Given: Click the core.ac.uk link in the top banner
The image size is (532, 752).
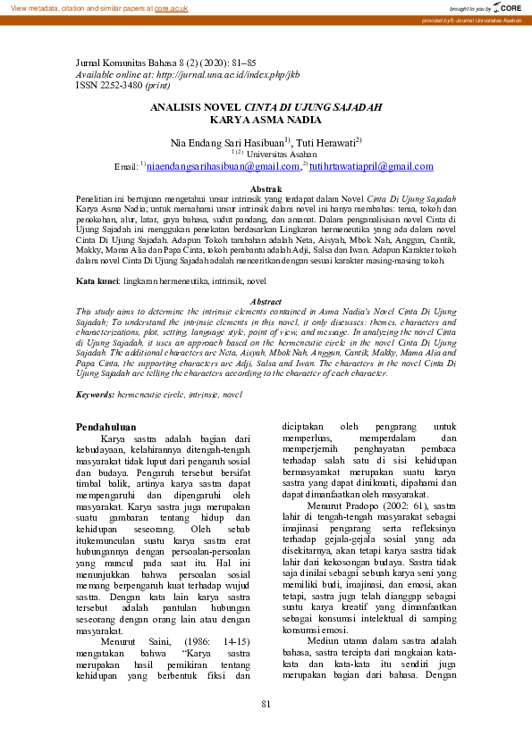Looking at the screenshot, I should coord(171,7).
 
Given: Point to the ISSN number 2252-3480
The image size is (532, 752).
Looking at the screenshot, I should coord(119,86).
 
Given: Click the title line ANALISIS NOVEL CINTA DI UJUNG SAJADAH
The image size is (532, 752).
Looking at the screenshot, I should coord(266,107).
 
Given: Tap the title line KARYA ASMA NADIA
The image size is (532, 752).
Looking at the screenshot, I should coord(266,118).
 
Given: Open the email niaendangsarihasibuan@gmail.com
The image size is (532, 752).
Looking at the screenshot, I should coord(223,166).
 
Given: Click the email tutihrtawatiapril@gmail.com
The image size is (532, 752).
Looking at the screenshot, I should coord(359,166).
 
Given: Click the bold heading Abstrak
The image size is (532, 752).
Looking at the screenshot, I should coord(266,188).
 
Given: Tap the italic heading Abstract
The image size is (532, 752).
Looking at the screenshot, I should coord(266,302).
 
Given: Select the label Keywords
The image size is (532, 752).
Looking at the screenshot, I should coord(95,394).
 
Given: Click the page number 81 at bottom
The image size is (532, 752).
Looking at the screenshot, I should coord(266,705).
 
